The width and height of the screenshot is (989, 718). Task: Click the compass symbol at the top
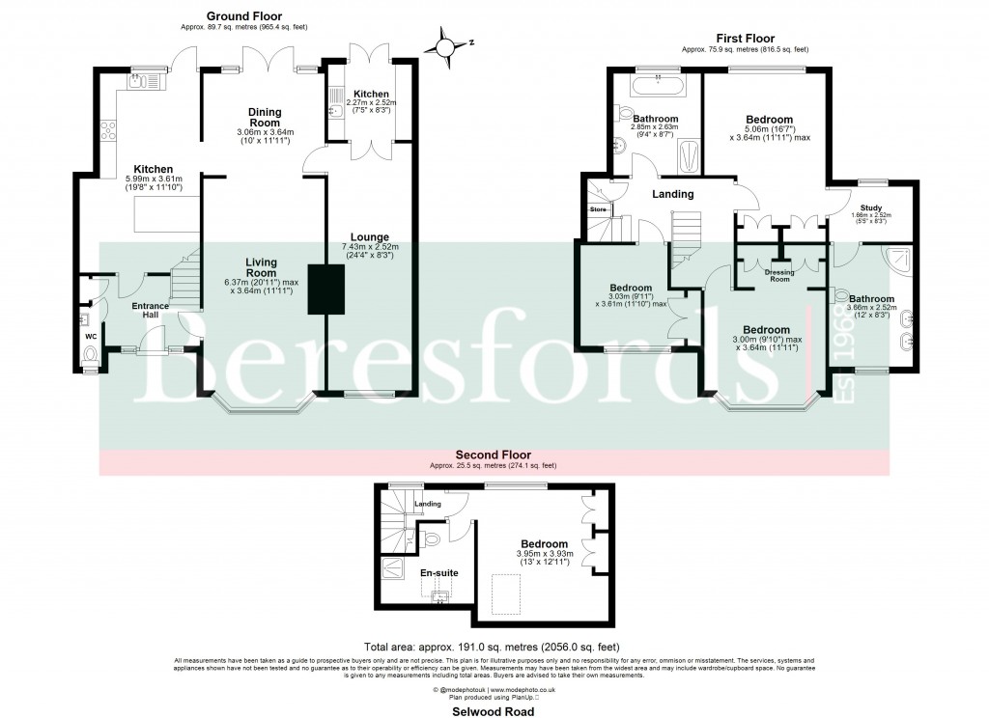445,46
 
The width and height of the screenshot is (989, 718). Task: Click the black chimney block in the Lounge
322,289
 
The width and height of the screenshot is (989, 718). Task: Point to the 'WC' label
90,336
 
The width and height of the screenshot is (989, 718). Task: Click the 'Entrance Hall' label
151,312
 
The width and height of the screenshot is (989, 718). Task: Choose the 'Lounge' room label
370,236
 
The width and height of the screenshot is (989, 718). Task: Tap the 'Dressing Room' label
779,275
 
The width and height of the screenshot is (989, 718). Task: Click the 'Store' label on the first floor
597,208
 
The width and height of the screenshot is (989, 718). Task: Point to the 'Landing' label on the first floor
672,194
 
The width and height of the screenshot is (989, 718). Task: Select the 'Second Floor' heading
493,454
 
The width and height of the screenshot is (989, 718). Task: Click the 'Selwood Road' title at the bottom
494,709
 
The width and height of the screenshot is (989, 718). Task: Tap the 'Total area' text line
493,646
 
